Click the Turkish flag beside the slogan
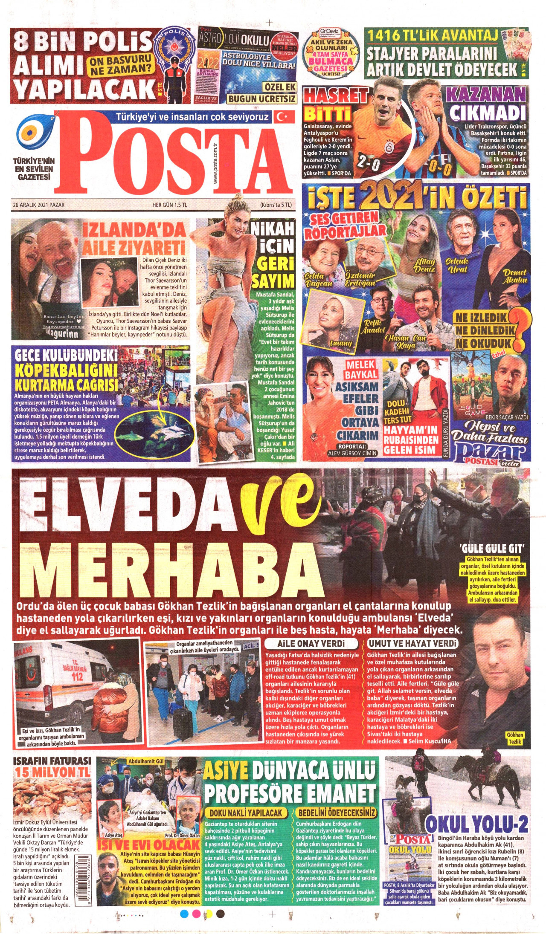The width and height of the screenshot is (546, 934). (x=285, y=116)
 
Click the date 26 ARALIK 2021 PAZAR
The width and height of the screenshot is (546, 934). (x=39, y=205)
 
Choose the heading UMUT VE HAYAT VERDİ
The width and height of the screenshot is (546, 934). (x=412, y=643)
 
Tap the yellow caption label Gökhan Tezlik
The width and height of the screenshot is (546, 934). (x=515, y=738)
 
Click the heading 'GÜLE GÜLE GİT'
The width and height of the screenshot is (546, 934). (x=491, y=548)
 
